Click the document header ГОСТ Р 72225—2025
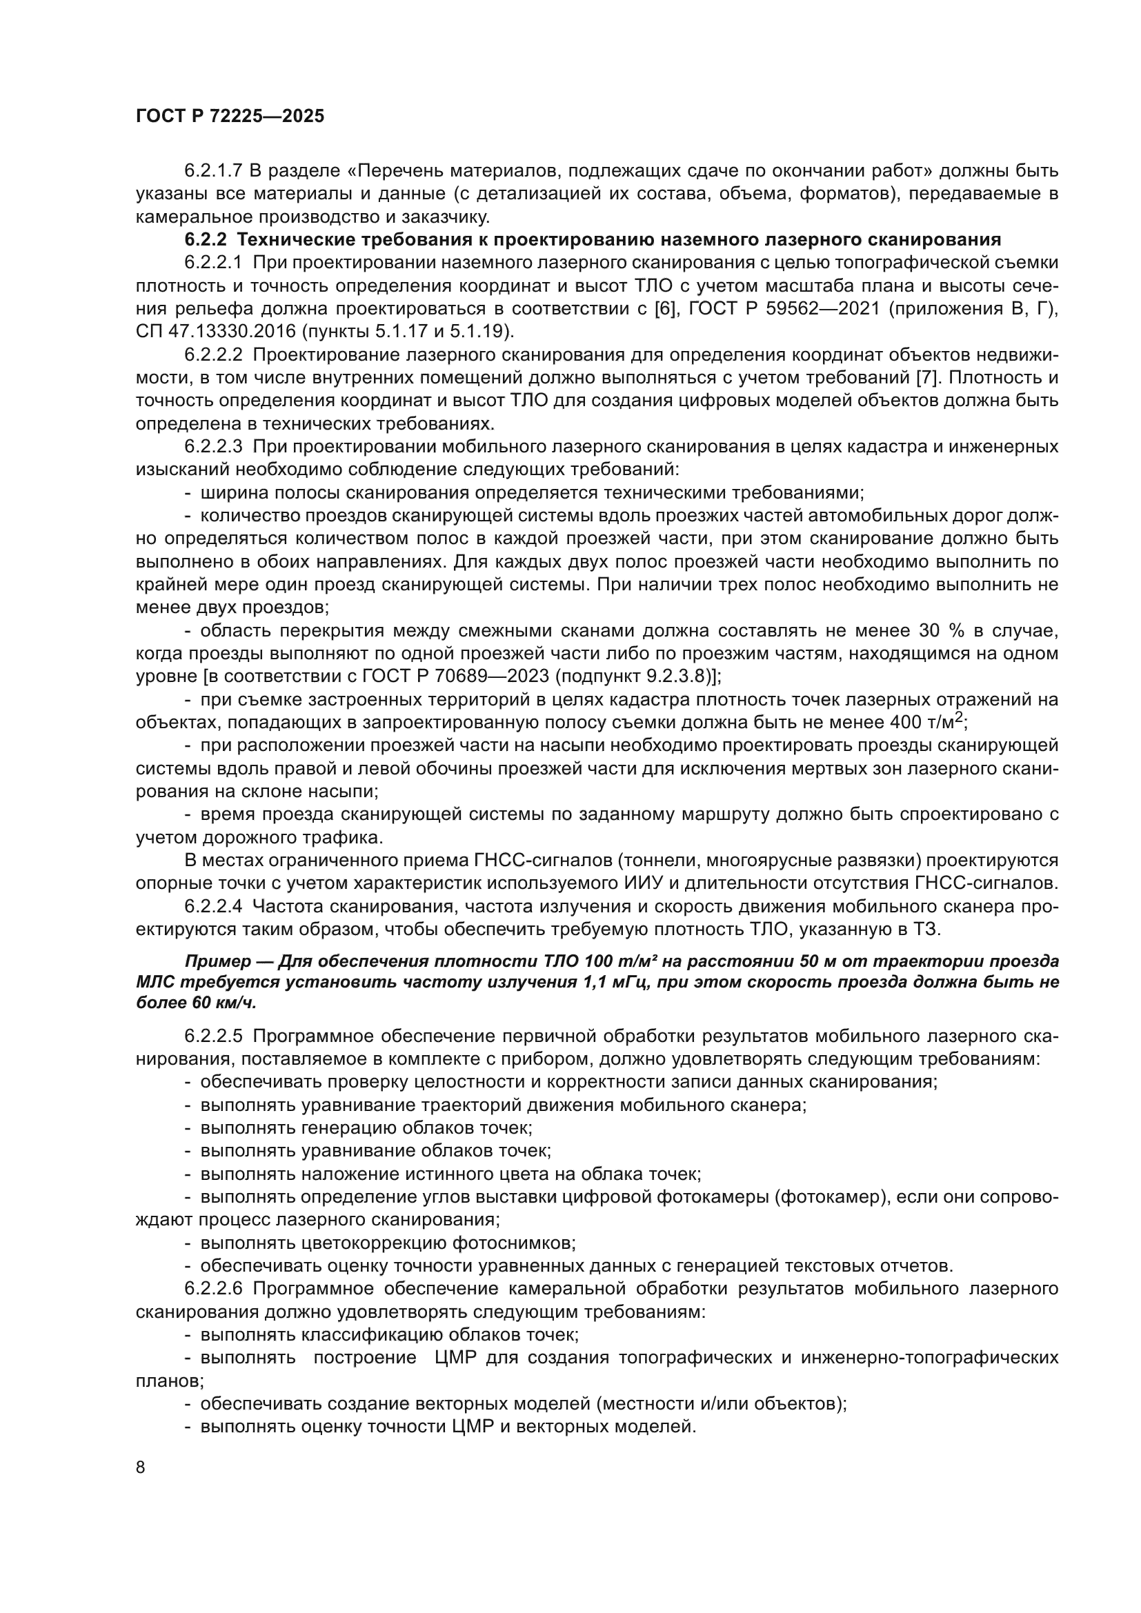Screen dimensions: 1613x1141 [x=230, y=117]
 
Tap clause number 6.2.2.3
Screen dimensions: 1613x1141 [x=213, y=446]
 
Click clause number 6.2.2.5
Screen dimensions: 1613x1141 [x=213, y=1036]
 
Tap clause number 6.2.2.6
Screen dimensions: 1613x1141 [x=213, y=1288]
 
